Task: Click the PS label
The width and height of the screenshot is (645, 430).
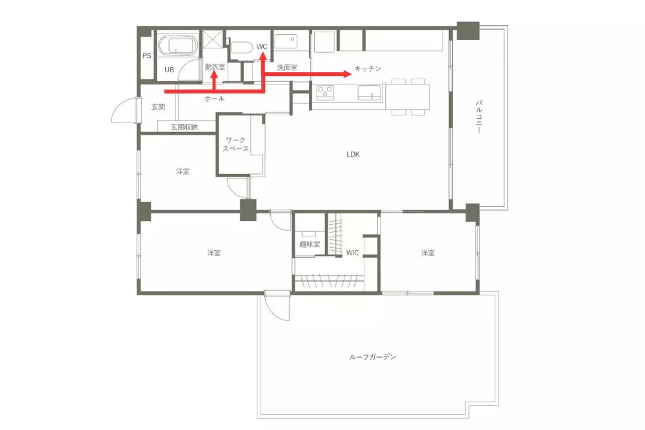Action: point(147,55)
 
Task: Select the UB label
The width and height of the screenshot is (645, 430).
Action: point(169,70)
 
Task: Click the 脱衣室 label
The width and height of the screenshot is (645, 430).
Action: point(215,66)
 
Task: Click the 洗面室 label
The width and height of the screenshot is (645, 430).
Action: point(287,68)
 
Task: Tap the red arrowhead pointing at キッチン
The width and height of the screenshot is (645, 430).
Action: point(348,74)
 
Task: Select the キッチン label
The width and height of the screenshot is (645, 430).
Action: point(368,68)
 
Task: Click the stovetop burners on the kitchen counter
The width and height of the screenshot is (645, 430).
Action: point(325,92)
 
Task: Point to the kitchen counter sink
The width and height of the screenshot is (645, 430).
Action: point(371,92)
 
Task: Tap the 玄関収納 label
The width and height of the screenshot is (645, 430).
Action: point(184,127)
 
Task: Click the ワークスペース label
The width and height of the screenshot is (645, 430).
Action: point(235,144)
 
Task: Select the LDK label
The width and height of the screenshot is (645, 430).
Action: point(353,154)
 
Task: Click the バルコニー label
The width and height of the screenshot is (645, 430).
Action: point(479,116)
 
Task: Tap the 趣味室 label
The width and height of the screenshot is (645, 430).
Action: point(310,244)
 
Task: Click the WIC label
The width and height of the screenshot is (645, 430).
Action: point(352,253)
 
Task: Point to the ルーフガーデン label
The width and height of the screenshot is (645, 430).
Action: point(373,357)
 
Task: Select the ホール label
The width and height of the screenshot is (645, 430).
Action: point(214,99)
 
